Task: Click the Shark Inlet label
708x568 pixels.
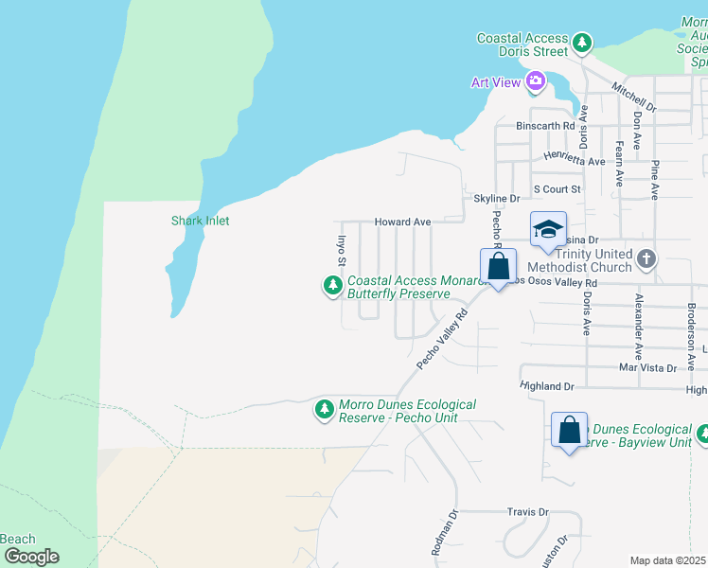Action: tap(200, 221)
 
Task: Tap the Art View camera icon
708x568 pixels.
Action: tap(536, 82)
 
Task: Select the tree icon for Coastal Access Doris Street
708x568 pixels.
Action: tap(582, 43)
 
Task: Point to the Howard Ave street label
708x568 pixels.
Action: tap(402, 222)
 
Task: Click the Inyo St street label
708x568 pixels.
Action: tap(343, 250)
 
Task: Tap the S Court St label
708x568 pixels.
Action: tap(556, 189)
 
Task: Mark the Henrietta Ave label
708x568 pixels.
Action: tap(574, 161)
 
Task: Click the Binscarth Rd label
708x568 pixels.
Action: tap(545, 125)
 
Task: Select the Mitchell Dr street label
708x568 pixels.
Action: tap(633, 95)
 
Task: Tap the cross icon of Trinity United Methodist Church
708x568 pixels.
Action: tap(646, 258)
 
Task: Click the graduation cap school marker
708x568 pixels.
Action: tap(548, 230)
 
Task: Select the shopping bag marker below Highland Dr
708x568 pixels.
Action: tap(570, 430)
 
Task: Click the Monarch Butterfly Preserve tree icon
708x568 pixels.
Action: tap(332, 284)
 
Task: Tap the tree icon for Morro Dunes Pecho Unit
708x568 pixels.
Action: tap(325, 408)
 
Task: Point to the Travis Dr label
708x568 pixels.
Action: tap(527, 511)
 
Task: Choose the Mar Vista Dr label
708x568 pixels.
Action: tap(647, 367)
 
